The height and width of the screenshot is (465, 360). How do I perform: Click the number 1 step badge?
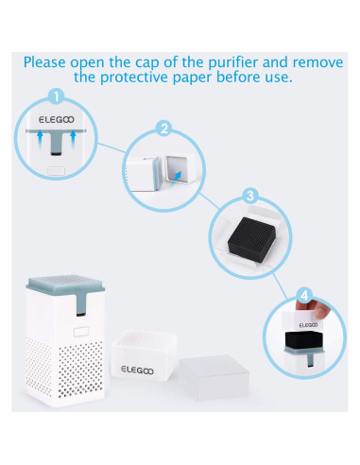[56, 96]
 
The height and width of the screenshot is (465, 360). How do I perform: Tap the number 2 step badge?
[163, 128]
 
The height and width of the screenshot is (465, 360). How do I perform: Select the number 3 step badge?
[249, 196]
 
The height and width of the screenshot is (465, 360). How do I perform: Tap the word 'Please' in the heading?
[50, 63]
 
